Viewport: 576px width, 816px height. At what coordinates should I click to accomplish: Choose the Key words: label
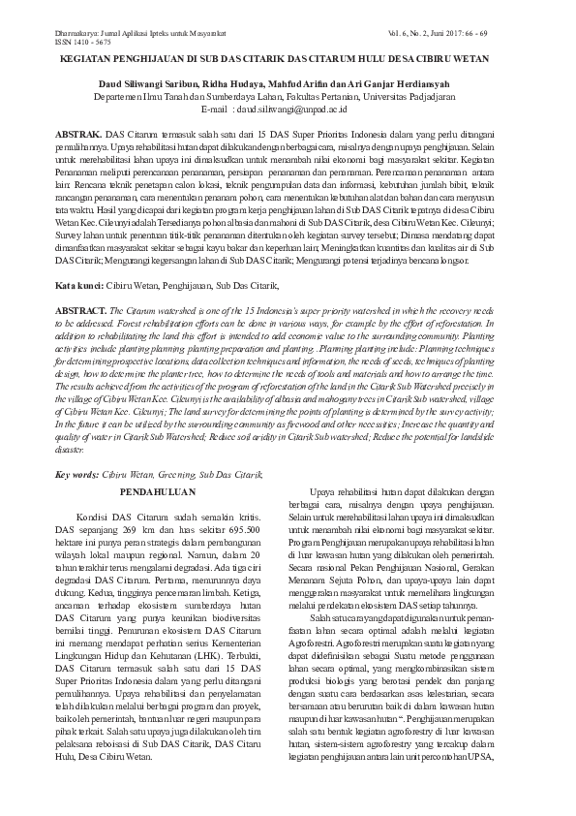click(76, 475)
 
